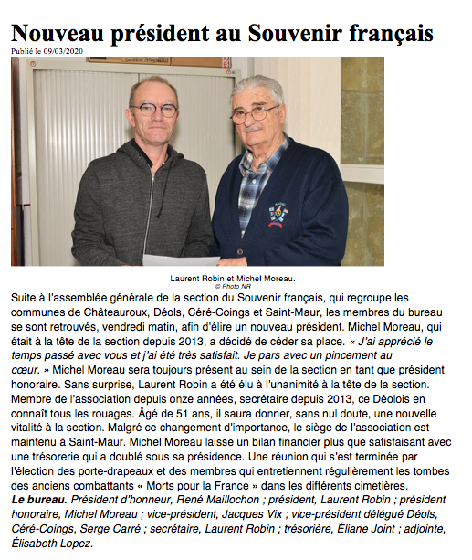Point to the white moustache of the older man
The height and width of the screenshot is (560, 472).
254,127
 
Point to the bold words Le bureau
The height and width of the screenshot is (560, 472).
39,500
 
